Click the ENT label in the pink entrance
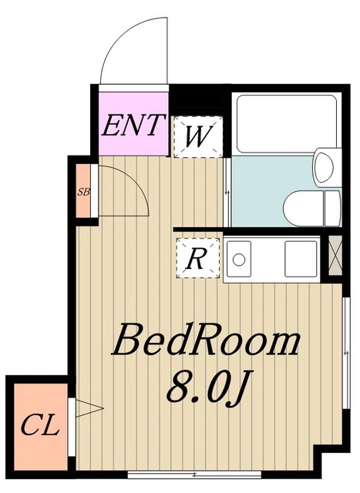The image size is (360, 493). [x=133, y=125]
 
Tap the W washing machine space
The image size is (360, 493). [x=198, y=137]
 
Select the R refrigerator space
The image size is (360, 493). [x=198, y=258]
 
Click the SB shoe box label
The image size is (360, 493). [x=84, y=192]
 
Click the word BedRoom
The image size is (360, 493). [x=206, y=342]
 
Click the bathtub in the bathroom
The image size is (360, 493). [x=286, y=123]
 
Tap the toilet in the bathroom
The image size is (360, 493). [x=312, y=208]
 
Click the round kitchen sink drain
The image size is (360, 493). [x=239, y=260]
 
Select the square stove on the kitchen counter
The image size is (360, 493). [x=301, y=259]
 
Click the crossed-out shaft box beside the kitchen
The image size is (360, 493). [x=335, y=256]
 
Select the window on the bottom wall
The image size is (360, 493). [x=194, y=475]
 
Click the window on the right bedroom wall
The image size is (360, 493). [x=346, y=353]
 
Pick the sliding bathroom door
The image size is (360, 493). [x=227, y=192]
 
